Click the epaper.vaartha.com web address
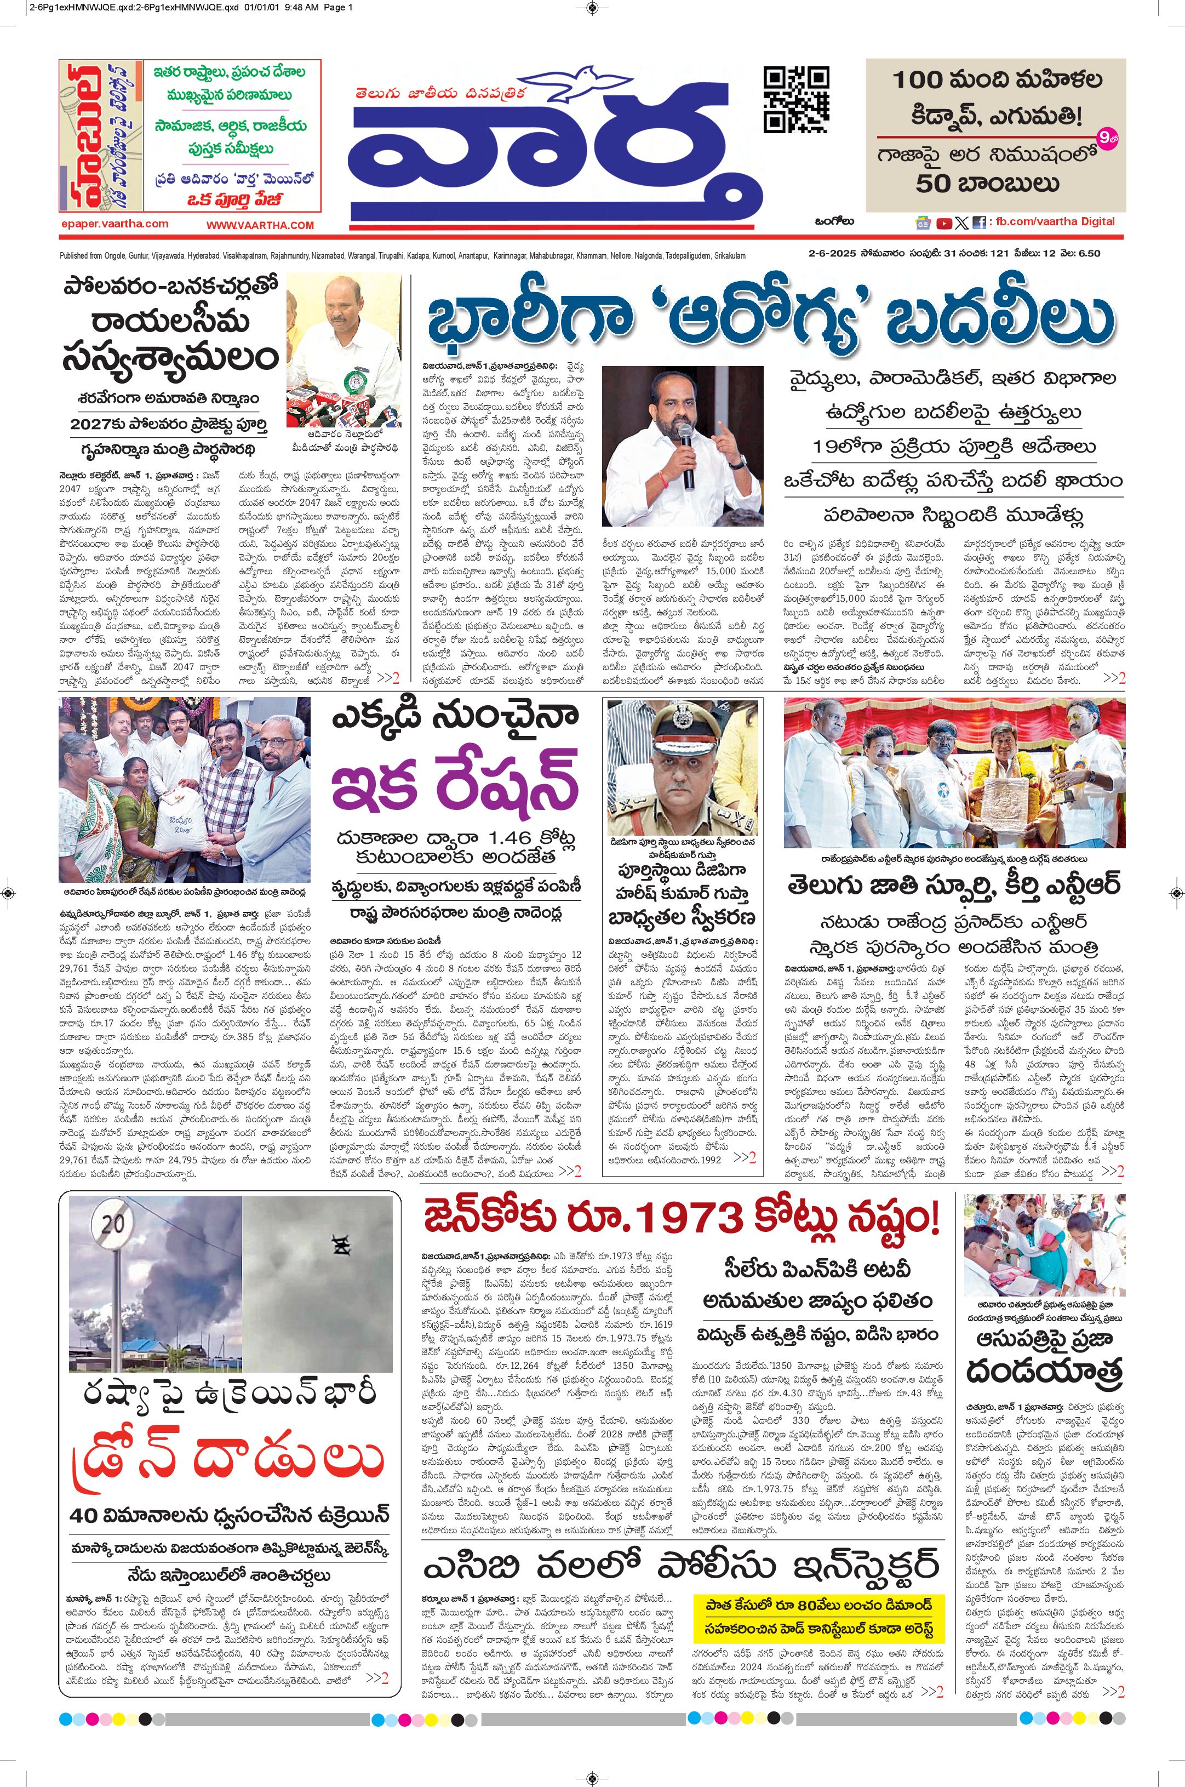pyautogui.click(x=115, y=224)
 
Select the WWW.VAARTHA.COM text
pyautogui.click(x=260, y=225)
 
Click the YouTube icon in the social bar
pyautogui.click(x=944, y=223)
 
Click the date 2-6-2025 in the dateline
pyautogui.click(x=830, y=254)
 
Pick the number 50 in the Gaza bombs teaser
pyautogui.click(x=934, y=184)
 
